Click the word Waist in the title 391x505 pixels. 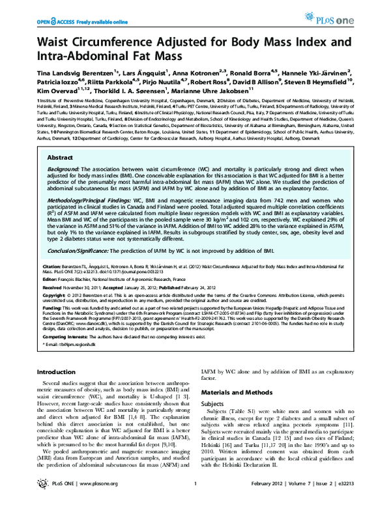tap(57, 44)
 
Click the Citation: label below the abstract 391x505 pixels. tap(53, 267)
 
